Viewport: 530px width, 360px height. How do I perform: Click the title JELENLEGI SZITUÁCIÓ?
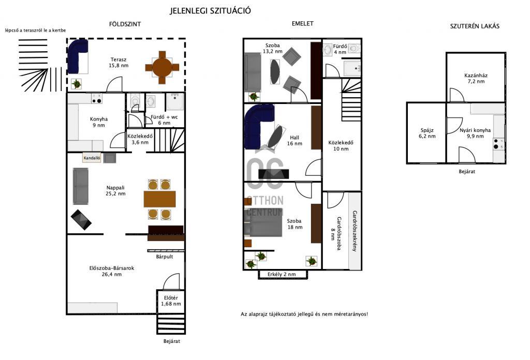coord(210,11)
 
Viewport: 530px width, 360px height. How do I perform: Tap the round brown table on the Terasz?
coord(162,68)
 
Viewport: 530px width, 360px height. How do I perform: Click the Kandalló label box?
coord(92,158)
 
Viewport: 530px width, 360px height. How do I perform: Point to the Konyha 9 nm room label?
coord(99,122)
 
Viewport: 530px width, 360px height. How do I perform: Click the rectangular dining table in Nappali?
coord(159,199)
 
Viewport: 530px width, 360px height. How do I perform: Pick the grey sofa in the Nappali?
coord(80,186)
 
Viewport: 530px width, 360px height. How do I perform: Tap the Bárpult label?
coord(165,257)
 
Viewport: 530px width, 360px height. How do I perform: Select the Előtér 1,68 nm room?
coord(171,301)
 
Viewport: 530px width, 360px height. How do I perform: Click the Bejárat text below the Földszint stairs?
coord(172,341)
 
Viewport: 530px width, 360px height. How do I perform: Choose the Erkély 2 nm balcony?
coord(283,274)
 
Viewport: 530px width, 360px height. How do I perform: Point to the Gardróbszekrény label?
coord(355,231)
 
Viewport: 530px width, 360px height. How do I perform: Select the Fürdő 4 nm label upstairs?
coord(340,49)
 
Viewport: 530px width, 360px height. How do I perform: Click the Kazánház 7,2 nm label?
coord(476,78)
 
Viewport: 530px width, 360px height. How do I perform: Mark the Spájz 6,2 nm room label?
coord(427,133)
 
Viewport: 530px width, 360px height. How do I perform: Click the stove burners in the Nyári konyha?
coord(496,144)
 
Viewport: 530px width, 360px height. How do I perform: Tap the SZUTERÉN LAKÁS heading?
coord(475,26)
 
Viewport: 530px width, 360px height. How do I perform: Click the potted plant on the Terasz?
coord(77,83)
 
